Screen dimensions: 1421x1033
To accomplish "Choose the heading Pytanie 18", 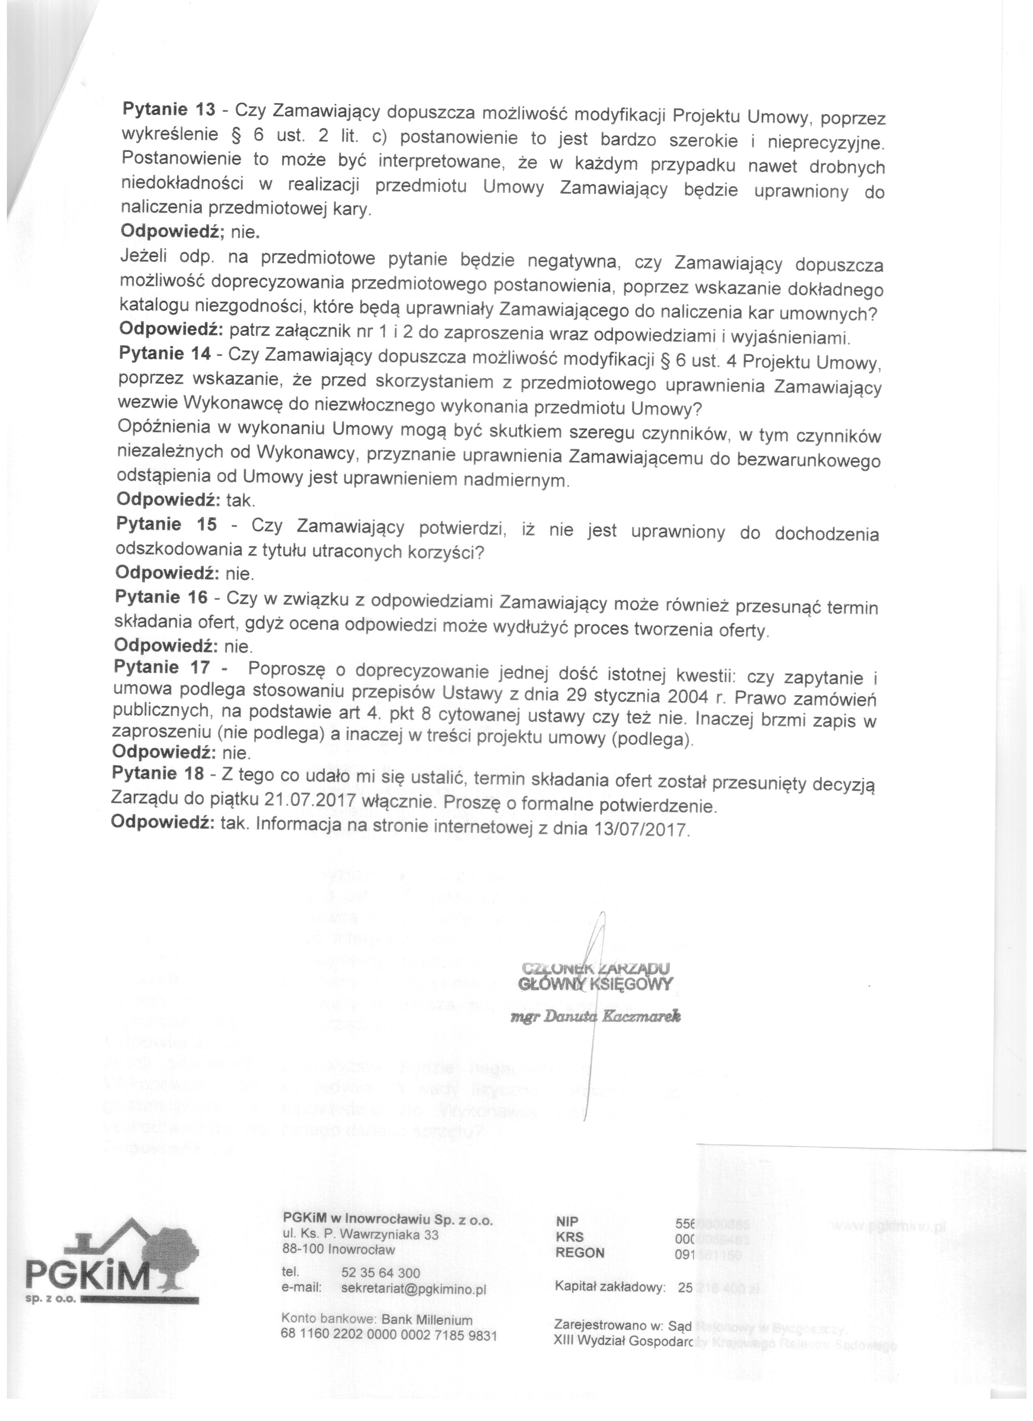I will coord(158,774).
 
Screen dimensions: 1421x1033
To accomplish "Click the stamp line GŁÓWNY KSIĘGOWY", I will coord(595,984).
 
